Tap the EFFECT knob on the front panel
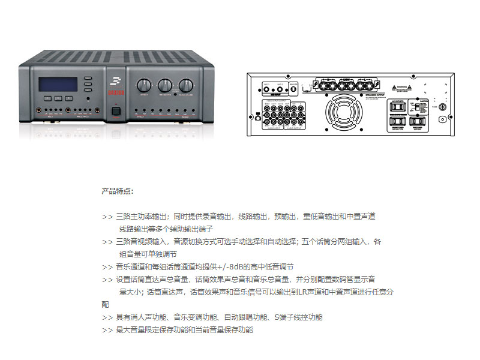(x=144, y=85)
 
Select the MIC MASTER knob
(x=164, y=85)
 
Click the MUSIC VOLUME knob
(x=185, y=85)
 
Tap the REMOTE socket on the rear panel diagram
(x=293, y=87)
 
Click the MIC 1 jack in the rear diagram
(x=266, y=86)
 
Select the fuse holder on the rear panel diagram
(x=442, y=107)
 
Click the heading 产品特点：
(x=118, y=191)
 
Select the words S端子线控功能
(x=298, y=317)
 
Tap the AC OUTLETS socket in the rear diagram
(x=398, y=107)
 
